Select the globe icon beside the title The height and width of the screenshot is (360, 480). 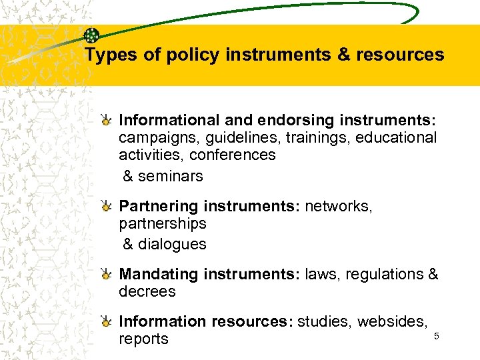92,36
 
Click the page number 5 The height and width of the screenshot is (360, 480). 437,336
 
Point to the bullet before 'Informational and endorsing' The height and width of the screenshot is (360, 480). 106,121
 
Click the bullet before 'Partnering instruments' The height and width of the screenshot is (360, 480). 106,207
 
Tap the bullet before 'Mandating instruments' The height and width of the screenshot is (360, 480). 106,275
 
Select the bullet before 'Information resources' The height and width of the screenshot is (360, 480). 106,323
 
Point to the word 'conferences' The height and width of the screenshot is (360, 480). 232,155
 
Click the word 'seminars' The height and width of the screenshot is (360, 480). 171,177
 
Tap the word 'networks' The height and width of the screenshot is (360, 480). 339,207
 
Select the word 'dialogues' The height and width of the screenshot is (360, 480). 172,245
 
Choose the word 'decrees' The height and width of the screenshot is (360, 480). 147,292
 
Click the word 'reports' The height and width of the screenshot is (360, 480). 143,339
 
